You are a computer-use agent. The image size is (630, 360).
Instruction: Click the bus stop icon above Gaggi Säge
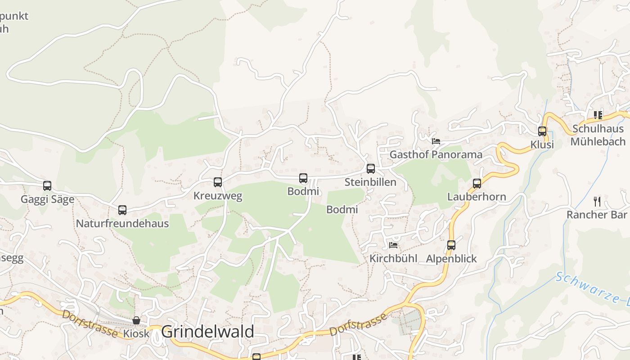point(47,185)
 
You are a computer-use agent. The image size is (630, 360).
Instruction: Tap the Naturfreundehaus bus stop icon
point(122,210)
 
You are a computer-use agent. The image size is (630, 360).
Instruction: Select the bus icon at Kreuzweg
point(218,182)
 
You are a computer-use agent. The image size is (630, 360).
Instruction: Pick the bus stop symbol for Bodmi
point(303,178)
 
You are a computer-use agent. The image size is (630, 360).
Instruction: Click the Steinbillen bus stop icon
point(371,169)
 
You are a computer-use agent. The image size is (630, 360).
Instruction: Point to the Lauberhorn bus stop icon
point(477,184)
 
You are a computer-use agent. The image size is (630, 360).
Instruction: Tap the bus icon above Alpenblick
point(451,245)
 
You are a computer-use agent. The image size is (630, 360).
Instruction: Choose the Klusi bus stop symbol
point(542,131)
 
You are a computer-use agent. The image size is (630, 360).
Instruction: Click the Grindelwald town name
point(207,332)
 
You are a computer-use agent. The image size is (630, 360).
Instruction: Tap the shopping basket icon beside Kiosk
point(136,320)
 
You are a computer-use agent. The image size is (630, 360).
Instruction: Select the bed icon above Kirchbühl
point(393,245)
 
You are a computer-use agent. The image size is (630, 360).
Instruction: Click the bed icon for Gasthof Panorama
point(436,141)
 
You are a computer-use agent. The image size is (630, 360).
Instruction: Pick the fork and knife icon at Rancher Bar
point(597,201)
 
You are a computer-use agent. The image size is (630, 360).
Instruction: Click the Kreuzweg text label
point(218,196)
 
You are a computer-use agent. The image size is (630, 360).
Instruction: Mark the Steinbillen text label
point(370,182)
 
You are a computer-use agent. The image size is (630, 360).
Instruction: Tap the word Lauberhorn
point(477,197)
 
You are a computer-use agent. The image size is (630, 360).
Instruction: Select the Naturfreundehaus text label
point(122,224)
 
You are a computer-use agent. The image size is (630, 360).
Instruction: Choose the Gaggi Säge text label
point(47,199)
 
